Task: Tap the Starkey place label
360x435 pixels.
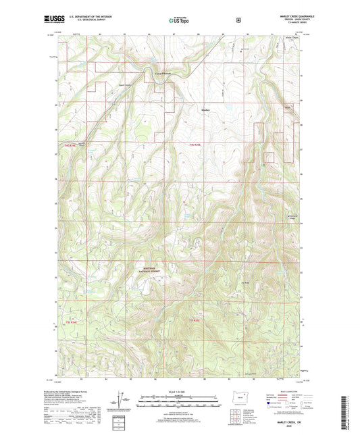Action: pyautogui.click(x=206, y=109)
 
